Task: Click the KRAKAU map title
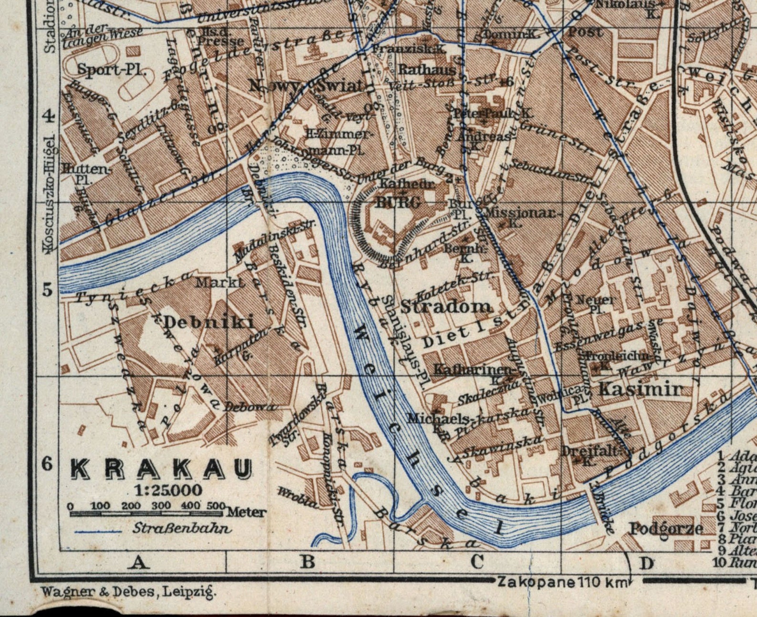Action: coord(161,470)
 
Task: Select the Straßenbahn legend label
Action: coord(183,528)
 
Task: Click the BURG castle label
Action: coord(398,202)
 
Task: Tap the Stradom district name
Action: coord(447,306)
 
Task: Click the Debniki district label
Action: coord(209,322)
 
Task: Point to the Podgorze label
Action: coord(666,528)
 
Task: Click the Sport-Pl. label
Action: coord(111,70)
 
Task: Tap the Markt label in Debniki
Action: coord(220,282)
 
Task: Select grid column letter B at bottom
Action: coord(307,562)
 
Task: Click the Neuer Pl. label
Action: coord(595,304)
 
